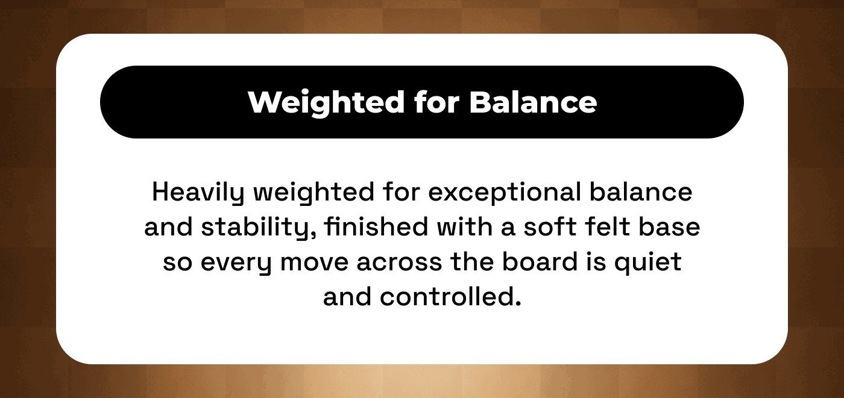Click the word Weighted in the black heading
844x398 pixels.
tap(326, 102)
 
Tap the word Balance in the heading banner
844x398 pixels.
tap(533, 102)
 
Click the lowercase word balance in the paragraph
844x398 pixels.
tap(641, 192)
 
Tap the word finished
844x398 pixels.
tap(376, 226)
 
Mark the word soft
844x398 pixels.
tap(550, 226)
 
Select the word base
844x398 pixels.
tap(669, 226)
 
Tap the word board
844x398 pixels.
tap(540, 261)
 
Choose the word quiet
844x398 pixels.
tap(647, 263)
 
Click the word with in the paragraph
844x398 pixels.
tap(465, 226)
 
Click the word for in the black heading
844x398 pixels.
tap(437, 102)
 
